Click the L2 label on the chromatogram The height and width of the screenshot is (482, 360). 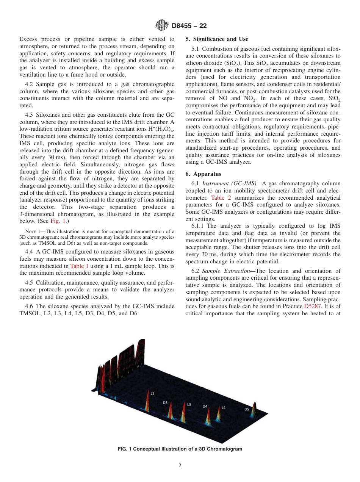(x=152, y=393)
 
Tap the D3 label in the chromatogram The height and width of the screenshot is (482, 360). (x=165, y=403)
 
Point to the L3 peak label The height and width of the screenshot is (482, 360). (x=189, y=404)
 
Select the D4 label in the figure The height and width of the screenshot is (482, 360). (x=205, y=406)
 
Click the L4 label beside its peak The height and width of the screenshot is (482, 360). (x=224, y=408)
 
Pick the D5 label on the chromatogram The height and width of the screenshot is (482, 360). (x=247, y=409)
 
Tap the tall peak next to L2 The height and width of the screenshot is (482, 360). (x=148, y=402)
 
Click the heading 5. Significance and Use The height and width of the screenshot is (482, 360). (x=217, y=39)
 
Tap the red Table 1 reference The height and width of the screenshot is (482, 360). (x=79, y=266)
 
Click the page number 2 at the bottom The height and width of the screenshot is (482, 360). (x=180, y=466)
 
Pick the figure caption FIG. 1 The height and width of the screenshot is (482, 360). (x=180, y=449)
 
